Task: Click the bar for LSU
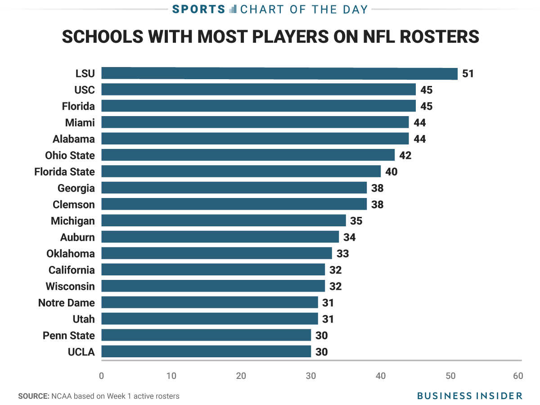point(279,73)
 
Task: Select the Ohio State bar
point(247,155)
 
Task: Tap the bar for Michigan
point(223,220)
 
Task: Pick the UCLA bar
point(206,351)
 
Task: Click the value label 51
point(468,73)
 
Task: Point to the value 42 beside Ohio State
point(405,155)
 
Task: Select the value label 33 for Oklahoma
point(342,253)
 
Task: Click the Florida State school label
point(64,171)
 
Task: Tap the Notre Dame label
point(66,302)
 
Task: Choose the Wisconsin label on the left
point(70,286)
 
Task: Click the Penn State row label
point(68,335)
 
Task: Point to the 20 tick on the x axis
point(241,376)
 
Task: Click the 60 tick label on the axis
point(518,376)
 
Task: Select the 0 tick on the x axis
point(102,376)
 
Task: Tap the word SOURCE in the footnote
point(33,396)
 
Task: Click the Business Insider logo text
point(470,396)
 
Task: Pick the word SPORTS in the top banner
point(198,9)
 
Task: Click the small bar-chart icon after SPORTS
point(233,9)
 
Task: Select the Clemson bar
point(234,204)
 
